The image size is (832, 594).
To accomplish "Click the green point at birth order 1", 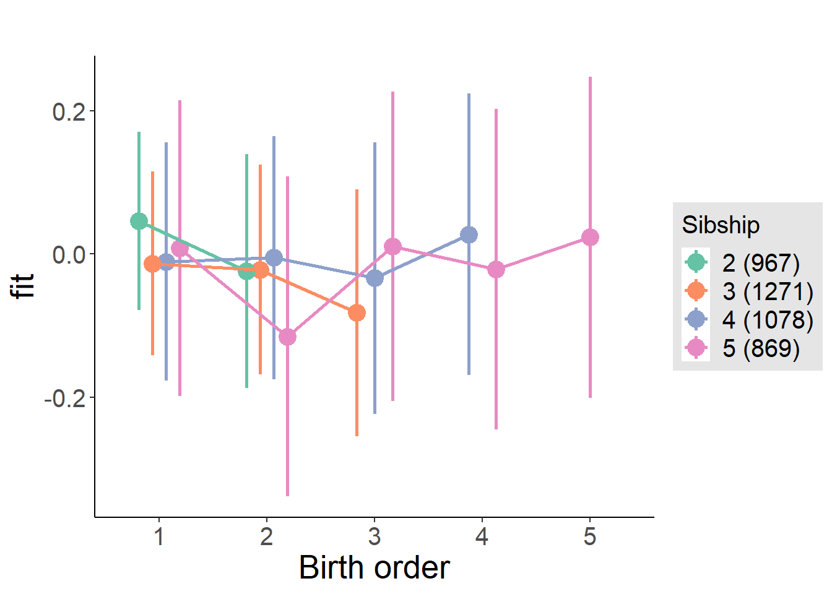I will tap(139, 221).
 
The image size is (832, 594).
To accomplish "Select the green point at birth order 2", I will tap(247, 271).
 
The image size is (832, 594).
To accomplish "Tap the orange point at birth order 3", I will tap(357, 313).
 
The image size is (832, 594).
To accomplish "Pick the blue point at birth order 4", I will tap(469, 235).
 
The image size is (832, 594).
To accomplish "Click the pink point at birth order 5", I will tap(590, 237).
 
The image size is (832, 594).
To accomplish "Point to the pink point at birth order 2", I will tap(287, 337).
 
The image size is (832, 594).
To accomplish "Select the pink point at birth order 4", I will tap(496, 269).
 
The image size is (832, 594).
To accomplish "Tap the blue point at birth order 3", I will tap(375, 278).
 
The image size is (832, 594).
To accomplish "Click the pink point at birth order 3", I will tap(392, 246).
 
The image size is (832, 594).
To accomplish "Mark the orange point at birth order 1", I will tap(152, 264).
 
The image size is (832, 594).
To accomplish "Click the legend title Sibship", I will tap(721, 225).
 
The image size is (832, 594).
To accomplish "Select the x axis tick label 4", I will tap(482, 536).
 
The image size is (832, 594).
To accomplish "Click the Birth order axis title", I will tap(374, 567).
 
